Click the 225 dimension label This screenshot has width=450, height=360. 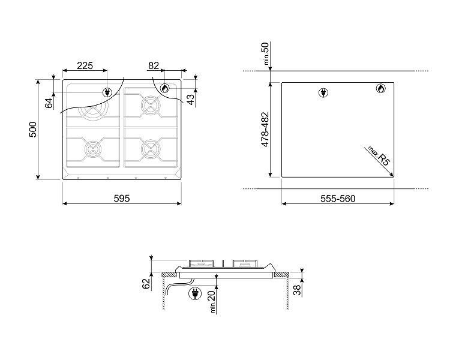tap(85, 66)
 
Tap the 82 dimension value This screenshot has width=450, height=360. tap(154, 66)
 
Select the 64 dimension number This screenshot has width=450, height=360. tap(49, 103)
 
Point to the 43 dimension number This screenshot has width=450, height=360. tap(190, 100)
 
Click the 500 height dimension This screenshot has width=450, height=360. tap(33, 130)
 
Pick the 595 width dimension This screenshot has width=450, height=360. tap(122, 199)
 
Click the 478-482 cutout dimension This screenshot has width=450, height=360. tap(265, 129)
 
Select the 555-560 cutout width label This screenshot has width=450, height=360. tap(338, 199)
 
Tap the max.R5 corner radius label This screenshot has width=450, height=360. tap(379, 156)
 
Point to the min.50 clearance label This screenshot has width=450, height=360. tap(266, 53)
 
